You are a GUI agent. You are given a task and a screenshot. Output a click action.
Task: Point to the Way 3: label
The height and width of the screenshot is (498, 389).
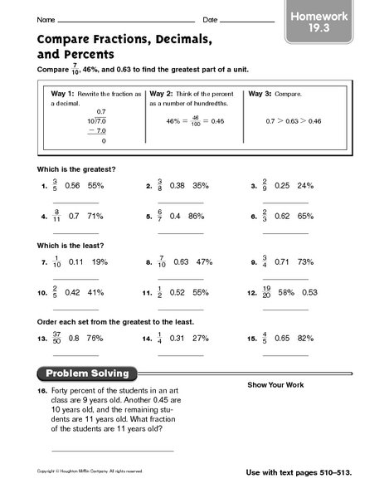[263, 95]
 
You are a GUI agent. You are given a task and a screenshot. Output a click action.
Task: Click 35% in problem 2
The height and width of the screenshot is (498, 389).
[200, 187]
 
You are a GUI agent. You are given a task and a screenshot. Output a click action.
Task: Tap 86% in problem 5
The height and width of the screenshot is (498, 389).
[197, 217]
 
